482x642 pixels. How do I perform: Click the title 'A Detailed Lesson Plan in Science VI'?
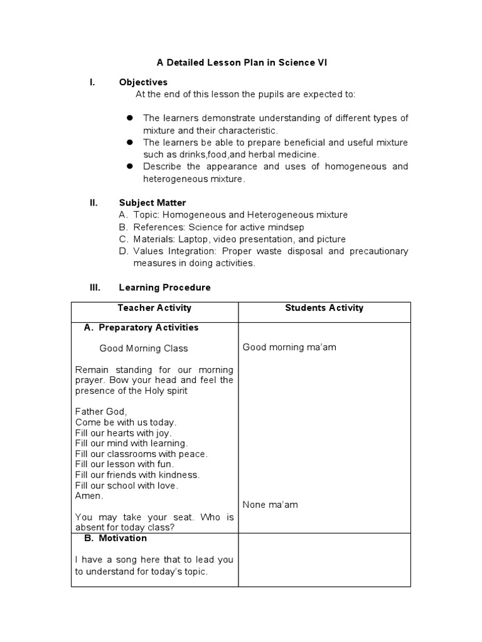tap(242, 63)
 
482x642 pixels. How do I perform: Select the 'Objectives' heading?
tap(143, 82)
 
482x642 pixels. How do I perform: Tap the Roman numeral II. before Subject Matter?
tap(94, 203)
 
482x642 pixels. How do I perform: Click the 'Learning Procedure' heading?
tap(165, 287)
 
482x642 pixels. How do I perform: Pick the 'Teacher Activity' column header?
tap(154, 308)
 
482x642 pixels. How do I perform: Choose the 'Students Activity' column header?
tap(324, 308)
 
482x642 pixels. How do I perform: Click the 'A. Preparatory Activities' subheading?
tap(141, 327)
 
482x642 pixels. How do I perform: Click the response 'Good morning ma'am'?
tap(289, 347)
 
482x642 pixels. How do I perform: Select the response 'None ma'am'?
tap(270, 505)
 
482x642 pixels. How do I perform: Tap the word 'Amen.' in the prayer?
tap(89, 495)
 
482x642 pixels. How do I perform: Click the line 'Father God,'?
tap(100, 411)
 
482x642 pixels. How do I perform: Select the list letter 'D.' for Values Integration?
tap(124, 251)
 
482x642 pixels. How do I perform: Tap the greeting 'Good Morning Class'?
tap(144, 348)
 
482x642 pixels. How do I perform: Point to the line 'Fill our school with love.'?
tap(126, 485)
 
